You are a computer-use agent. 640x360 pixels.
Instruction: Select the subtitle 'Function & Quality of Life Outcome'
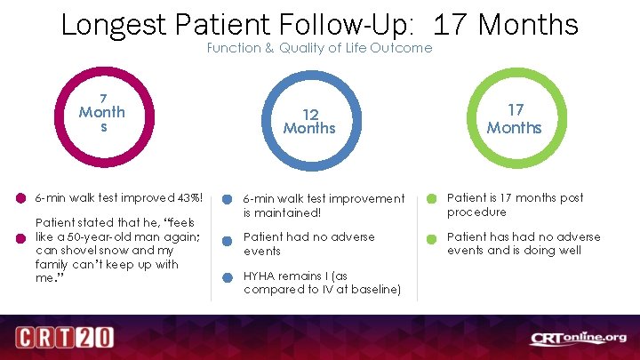[319, 48]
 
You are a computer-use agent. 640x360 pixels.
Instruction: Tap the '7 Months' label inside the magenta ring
[102, 112]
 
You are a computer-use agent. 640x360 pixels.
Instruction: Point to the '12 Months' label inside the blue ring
[309, 121]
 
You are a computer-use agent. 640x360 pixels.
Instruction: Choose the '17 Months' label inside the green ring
[514, 119]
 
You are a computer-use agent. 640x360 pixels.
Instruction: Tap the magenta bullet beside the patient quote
[20, 237]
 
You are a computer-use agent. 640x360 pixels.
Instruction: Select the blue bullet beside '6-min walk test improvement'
[228, 199]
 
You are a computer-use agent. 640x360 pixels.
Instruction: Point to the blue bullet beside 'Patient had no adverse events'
[228, 238]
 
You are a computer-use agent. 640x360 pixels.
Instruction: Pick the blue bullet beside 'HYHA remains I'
[228, 276]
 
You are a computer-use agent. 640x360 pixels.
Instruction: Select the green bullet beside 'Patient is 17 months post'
[432, 198]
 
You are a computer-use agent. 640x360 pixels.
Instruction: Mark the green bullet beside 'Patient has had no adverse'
[432, 238]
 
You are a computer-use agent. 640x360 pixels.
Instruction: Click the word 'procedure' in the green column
[476, 212]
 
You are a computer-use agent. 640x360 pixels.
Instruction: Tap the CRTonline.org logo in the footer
[578, 338]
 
